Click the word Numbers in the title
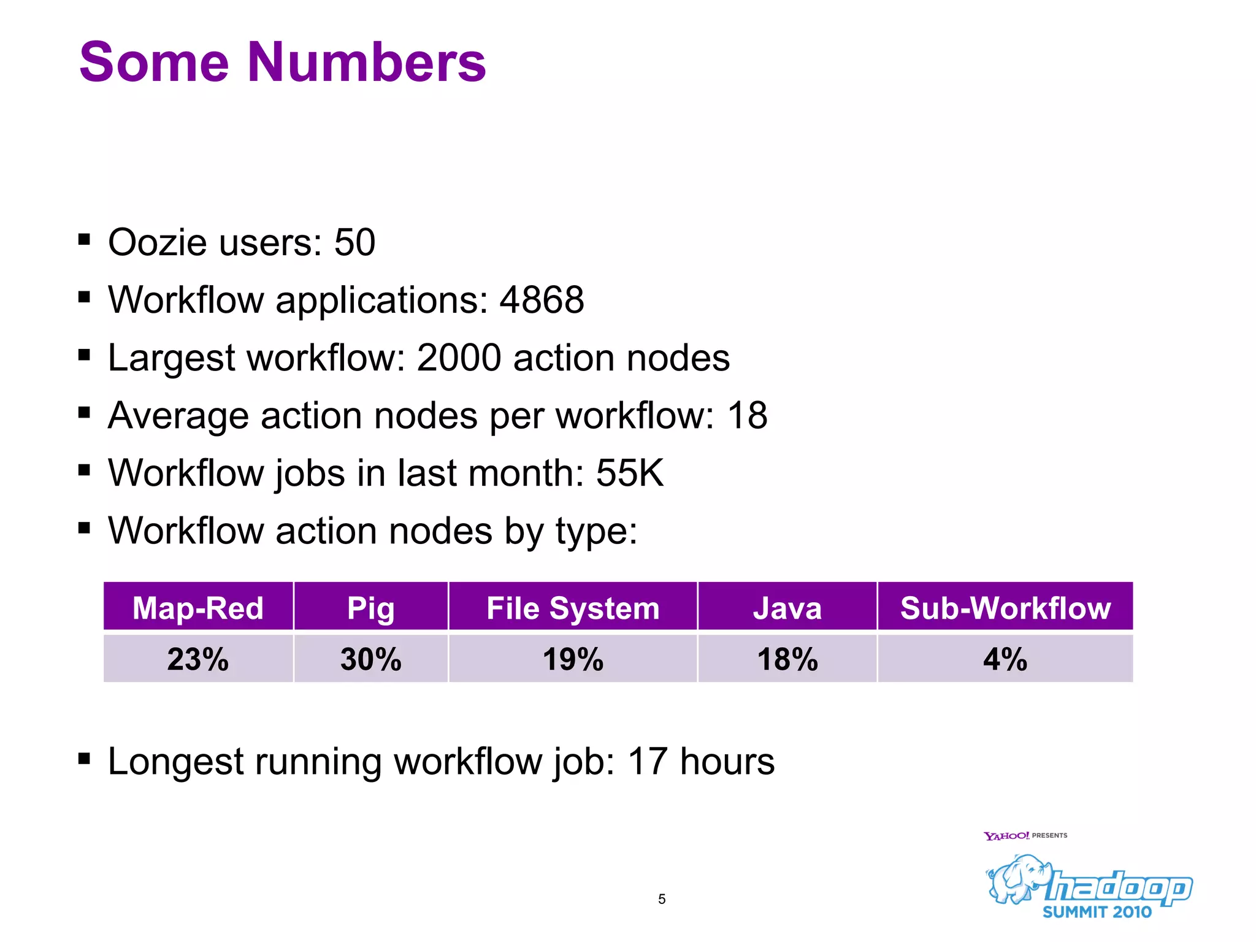pyautogui.click(x=366, y=63)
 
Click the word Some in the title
pyautogui.click(x=154, y=63)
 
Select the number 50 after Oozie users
pyautogui.click(x=354, y=242)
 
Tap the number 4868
pyautogui.click(x=542, y=300)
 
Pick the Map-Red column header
pyautogui.click(x=198, y=608)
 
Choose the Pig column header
pyautogui.click(x=370, y=608)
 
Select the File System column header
pyautogui.click(x=573, y=608)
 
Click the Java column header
pyautogui.click(x=787, y=608)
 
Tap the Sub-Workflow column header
pyautogui.click(x=1005, y=608)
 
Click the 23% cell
pyautogui.click(x=198, y=659)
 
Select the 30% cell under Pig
pyautogui.click(x=370, y=659)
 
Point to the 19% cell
pyautogui.click(x=573, y=659)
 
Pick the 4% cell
pyautogui.click(x=1005, y=659)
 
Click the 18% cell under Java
pyautogui.click(x=787, y=659)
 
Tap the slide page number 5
pyautogui.click(x=662, y=899)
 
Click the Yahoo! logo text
pyautogui.click(x=1006, y=836)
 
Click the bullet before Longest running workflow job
pyautogui.click(x=85, y=759)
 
